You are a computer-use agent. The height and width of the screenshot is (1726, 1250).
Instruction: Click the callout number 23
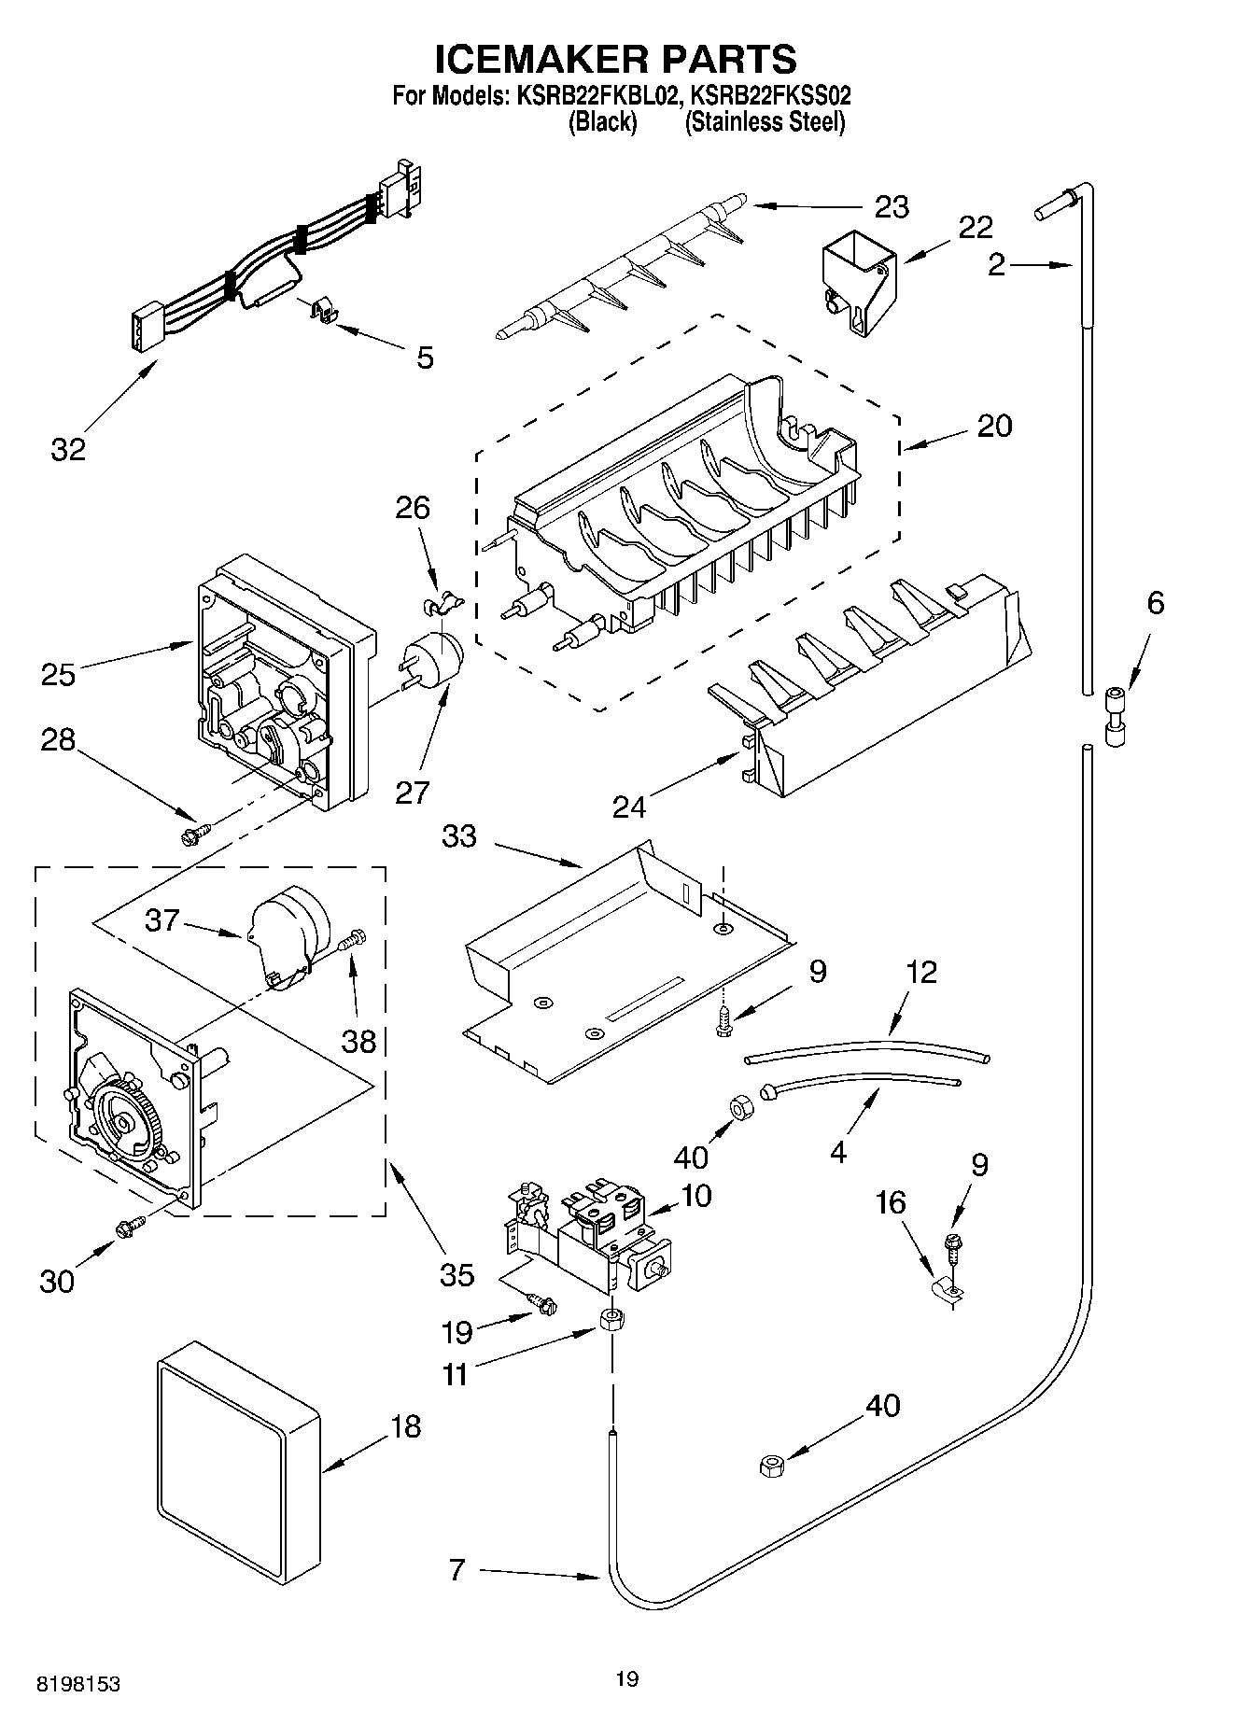click(891, 206)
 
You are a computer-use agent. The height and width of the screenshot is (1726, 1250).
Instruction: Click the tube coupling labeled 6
click(1116, 717)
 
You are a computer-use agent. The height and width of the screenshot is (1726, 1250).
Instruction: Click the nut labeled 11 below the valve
click(612, 1320)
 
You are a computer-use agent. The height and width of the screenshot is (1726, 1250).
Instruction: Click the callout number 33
click(459, 836)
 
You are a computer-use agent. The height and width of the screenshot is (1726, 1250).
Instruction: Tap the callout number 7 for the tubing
click(456, 1570)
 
